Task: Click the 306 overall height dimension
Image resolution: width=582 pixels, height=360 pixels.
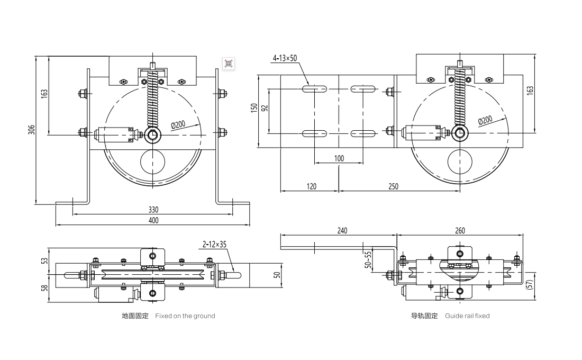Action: point(31,129)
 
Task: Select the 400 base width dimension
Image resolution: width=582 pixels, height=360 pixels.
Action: point(153,220)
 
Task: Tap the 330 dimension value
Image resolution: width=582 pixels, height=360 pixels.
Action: point(153,210)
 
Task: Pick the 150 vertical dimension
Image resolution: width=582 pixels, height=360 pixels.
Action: point(254,108)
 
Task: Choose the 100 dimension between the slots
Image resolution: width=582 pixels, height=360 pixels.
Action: point(339,158)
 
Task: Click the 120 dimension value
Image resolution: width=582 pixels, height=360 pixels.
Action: point(311,186)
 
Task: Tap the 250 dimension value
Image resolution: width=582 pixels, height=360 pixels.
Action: point(393,186)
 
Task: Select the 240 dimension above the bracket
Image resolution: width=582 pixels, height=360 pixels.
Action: point(341,230)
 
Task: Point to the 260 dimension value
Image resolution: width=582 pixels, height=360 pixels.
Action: point(459,230)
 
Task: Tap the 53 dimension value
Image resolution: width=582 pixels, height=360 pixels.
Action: point(44,260)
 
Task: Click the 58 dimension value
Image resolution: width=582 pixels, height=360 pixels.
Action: point(44,288)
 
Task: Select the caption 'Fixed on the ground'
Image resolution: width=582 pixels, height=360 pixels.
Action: point(185,316)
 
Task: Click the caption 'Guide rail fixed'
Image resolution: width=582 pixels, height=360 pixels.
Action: point(467,316)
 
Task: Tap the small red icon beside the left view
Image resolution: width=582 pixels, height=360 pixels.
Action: point(229,64)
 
